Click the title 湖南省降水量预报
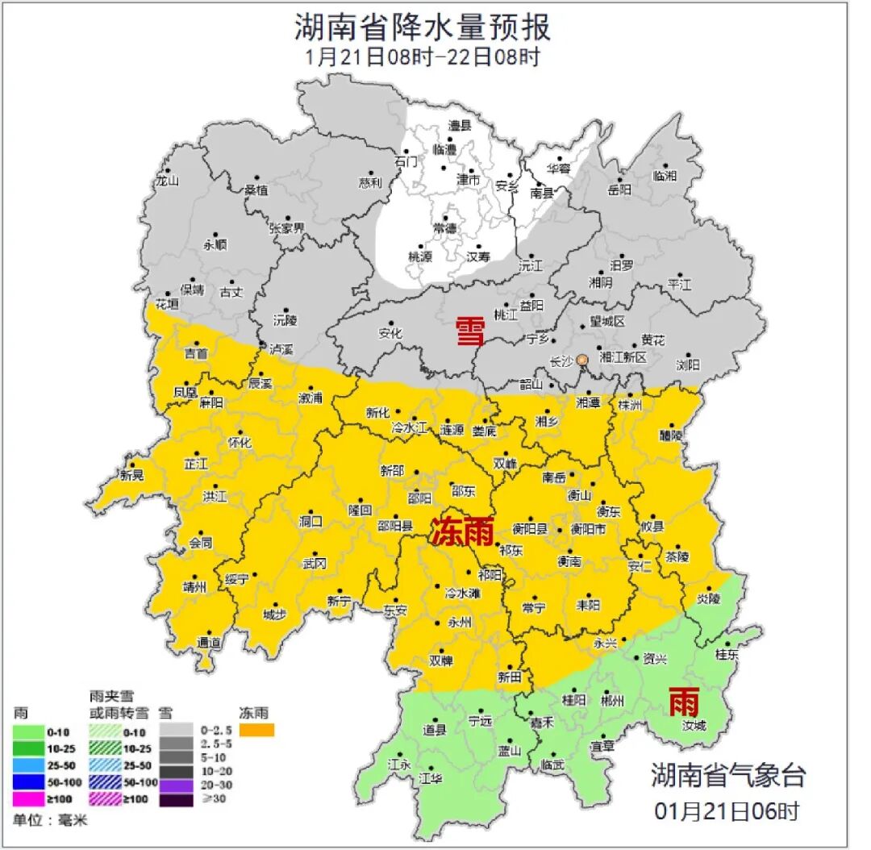coord(422,27)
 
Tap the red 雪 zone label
coord(471,331)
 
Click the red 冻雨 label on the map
coord(461,531)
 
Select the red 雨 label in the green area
coord(684,703)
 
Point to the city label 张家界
coord(287,228)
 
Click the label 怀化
coord(240,442)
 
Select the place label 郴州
coord(613,701)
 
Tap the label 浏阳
coord(688,365)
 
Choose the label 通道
coord(209,643)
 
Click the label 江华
coord(431,779)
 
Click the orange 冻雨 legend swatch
coord(256,730)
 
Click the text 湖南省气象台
coord(728,776)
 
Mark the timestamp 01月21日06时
coord(727,811)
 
